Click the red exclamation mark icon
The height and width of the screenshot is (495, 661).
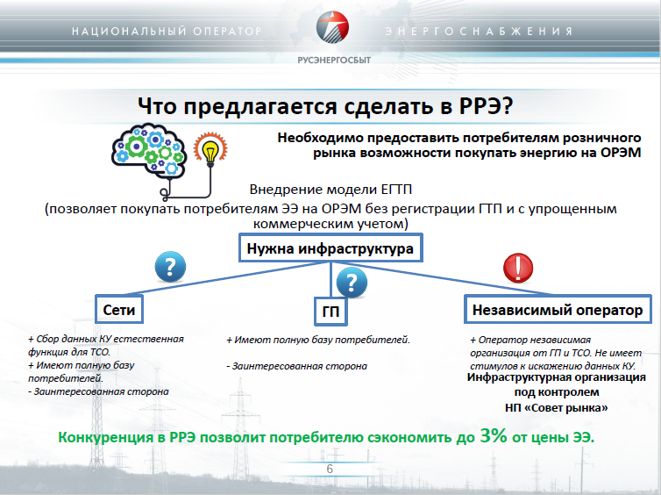pyautogui.click(x=518, y=268)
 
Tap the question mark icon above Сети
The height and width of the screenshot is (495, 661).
pyautogui.click(x=170, y=267)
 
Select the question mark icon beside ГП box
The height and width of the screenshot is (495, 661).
pyautogui.click(x=352, y=283)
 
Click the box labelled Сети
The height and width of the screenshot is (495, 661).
pyautogui.click(x=119, y=309)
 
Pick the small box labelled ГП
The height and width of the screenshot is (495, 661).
pyautogui.click(x=330, y=312)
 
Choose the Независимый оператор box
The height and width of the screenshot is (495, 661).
pyautogui.click(x=558, y=309)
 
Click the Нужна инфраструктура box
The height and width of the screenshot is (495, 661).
pyautogui.click(x=330, y=247)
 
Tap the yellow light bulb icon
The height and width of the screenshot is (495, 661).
pyautogui.click(x=210, y=150)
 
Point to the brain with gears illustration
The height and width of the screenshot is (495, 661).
pyautogui.click(x=149, y=151)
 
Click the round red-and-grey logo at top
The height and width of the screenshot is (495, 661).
pyautogui.click(x=332, y=27)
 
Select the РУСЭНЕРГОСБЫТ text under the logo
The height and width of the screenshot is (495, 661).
pyautogui.click(x=334, y=60)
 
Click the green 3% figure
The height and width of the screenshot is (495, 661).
pyautogui.click(x=494, y=435)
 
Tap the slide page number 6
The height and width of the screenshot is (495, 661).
pyautogui.click(x=330, y=469)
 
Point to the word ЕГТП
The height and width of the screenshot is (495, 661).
pyautogui.click(x=396, y=190)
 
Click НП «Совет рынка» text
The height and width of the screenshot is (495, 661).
pyautogui.click(x=557, y=407)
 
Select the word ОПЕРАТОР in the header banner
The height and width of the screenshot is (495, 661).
pyautogui.click(x=228, y=32)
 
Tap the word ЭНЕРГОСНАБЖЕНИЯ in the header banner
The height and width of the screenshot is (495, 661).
pyautogui.click(x=479, y=32)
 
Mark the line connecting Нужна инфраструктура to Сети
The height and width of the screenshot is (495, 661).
pyautogui.click(x=224, y=278)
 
